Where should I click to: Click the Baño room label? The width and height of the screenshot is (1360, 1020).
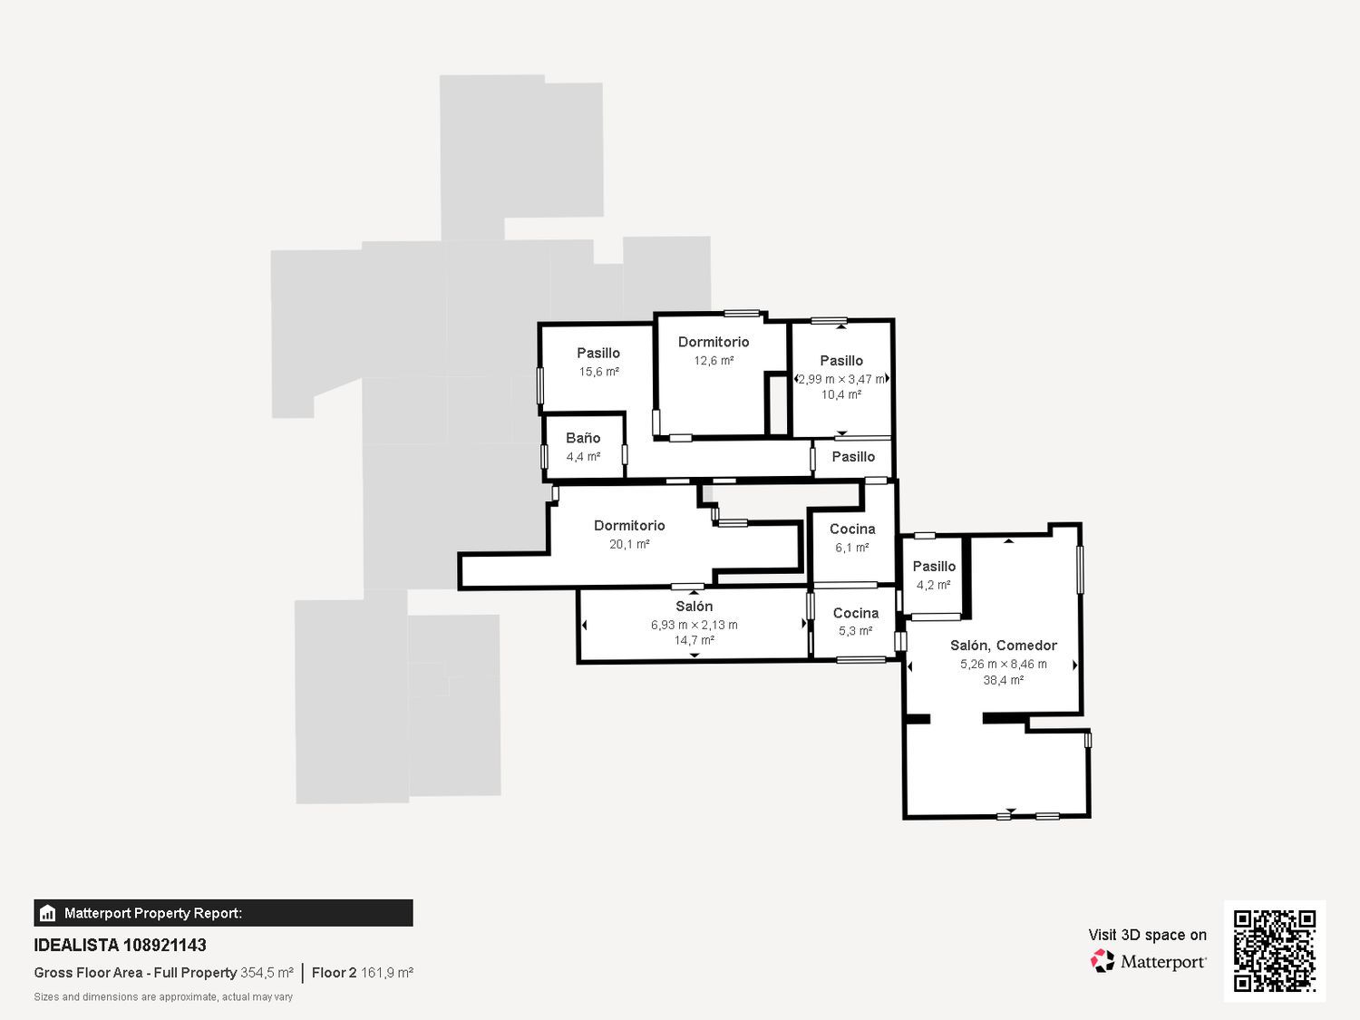pos(583,438)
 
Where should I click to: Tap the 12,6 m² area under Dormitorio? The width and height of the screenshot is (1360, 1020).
pos(714,361)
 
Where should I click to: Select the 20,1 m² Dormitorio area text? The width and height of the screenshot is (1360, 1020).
pos(629,544)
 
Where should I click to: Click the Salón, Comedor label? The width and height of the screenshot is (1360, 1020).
pos(1004,646)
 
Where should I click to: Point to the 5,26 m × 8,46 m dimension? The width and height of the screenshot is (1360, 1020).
pos(1004,664)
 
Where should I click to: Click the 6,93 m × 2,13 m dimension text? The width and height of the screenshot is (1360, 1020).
pos(694,625)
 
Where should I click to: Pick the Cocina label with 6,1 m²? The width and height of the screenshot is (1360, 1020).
pos(852,529)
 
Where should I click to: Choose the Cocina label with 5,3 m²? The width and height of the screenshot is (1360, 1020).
pos(856,613)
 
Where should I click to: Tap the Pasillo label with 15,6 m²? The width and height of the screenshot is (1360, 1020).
pos(598,353)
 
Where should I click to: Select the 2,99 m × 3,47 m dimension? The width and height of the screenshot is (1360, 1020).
pos(841,379)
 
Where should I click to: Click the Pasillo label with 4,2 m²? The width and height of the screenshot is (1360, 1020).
pos(935,566)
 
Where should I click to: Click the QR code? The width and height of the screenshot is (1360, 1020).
pos(1275,950)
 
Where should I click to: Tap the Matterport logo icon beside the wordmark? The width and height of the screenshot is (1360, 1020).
pos(1103,961)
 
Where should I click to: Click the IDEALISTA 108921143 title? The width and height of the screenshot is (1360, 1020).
pos(121,945)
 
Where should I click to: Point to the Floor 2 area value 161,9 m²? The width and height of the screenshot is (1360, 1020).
pos(387,973)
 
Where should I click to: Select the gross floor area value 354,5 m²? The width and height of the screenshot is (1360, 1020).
pos(267,973)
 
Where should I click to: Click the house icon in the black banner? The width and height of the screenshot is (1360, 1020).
pos(48,913)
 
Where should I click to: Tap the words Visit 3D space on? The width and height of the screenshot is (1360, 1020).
pos(1148,935)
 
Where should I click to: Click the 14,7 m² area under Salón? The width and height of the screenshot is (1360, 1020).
pos(694,640)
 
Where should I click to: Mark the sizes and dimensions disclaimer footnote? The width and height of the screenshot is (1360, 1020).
pos(163,997)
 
